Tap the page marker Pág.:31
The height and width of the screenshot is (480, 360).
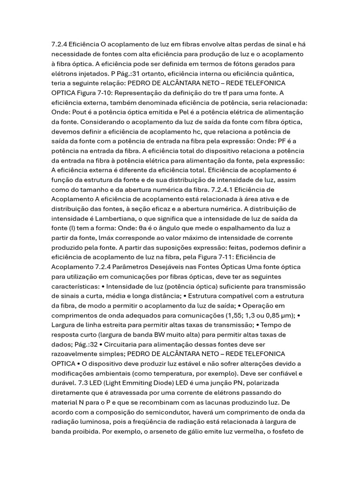125,74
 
